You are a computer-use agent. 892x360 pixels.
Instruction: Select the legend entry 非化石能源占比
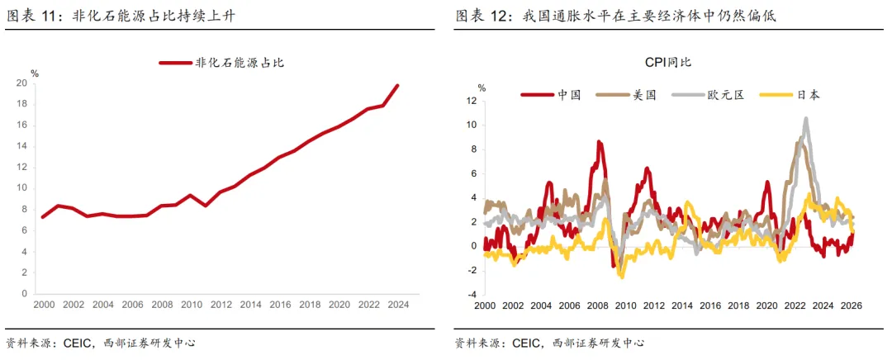point(221,62)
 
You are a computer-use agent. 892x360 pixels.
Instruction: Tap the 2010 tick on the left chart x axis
point(192,304)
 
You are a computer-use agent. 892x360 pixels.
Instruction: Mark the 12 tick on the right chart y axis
point(472,101)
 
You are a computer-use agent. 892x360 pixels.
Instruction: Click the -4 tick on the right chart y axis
point(472,294)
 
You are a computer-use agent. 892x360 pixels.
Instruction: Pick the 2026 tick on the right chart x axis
point(851,304)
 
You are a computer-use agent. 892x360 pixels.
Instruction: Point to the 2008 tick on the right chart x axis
point(597,304)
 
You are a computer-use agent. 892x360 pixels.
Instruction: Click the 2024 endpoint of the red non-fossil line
point(397,85)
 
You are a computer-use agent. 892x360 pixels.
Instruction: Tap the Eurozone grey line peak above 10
point(805,118)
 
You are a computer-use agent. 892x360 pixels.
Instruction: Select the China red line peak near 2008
point(599,142)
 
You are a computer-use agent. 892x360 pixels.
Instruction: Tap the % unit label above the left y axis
point(35,73)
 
